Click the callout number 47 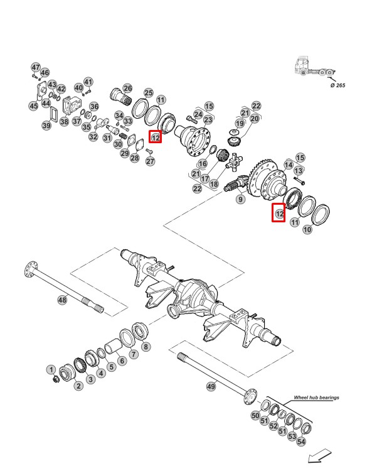tap(36, 67)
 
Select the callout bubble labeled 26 tap(127, 89)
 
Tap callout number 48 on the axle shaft tap(62, 300)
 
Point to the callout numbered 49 tap(211, 386)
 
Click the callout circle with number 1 tap(51, 371)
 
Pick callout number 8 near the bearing tap(146, 346)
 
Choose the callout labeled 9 tap(240, 200)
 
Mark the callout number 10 tap(307, 230)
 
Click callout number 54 tap(301, 442)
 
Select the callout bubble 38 tap(64, 121)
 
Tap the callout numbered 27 tap(150, 161)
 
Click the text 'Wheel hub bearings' tap(316, 398)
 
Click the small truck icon tap(312, 67)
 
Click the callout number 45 tap(33, 106)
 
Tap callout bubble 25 tap(149, 93)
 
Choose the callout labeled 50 tap(256, 416)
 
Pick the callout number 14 tap(289, 165)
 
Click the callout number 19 tap(240, 124)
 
